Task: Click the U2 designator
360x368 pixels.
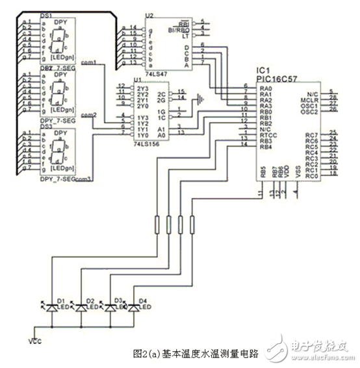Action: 149,15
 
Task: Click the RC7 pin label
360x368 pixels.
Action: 311,134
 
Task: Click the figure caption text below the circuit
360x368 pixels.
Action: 195,354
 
